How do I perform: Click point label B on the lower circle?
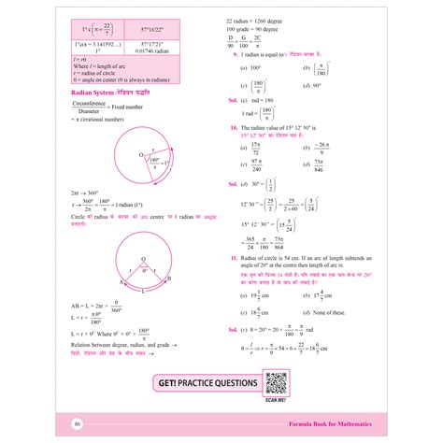point(168,279)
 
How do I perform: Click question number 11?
point(234,255)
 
